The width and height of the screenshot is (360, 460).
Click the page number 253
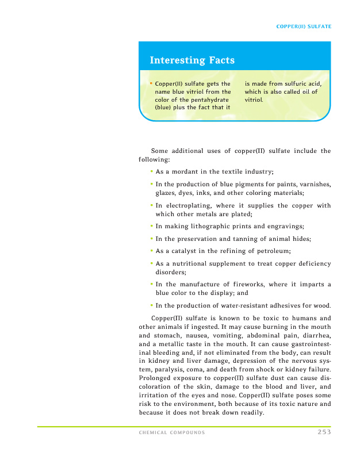323,432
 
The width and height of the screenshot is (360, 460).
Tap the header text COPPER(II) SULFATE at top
304,26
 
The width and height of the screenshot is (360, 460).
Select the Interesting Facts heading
192,60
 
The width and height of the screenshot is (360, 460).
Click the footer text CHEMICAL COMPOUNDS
172,432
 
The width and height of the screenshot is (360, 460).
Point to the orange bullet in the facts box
151,84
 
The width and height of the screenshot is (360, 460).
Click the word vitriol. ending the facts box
254,99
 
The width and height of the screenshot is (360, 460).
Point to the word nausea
190,335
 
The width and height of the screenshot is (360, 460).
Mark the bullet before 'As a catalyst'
151,251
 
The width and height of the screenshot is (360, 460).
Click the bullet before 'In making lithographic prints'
151,227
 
